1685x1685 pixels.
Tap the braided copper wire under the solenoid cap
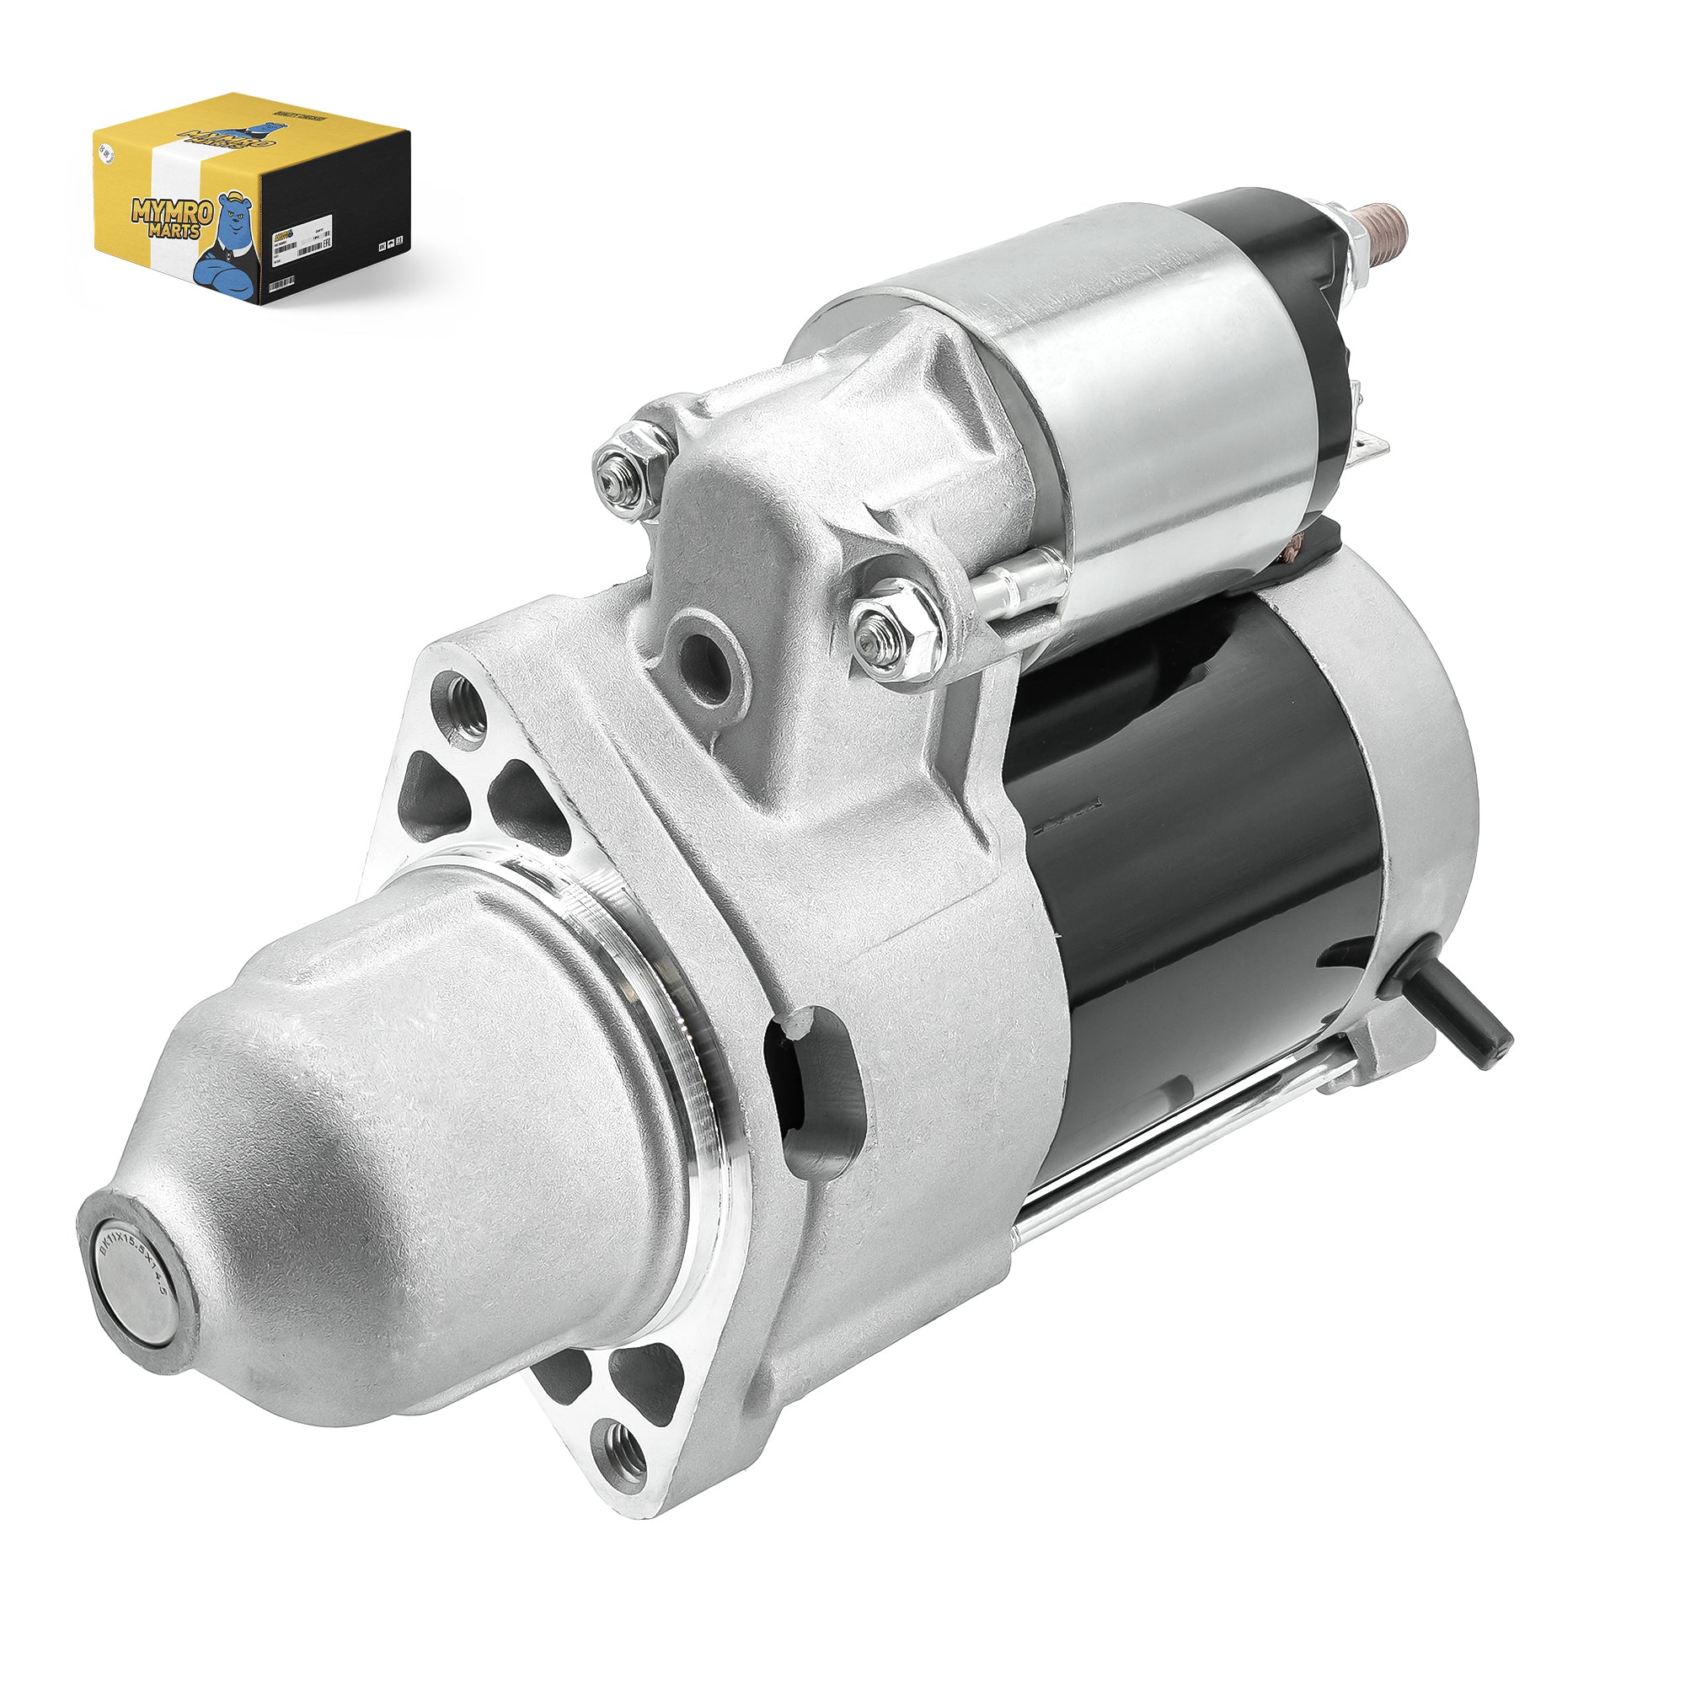(1298, 545)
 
